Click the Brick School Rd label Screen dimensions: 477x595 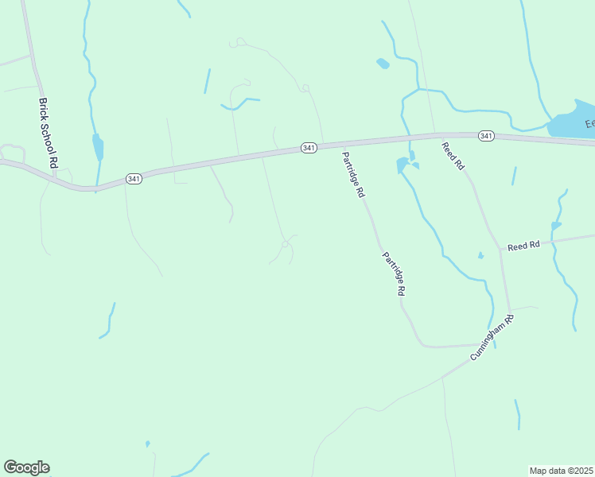click(49, 132)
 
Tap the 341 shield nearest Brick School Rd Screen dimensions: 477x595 click(134, 179)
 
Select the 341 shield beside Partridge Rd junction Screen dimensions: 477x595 click(309, 148)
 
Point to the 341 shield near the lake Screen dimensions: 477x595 click(486, 136)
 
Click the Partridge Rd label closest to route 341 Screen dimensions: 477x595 click(353, 174)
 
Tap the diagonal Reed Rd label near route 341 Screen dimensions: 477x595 click(453, 155)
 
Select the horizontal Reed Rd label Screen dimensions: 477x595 click(523, 246)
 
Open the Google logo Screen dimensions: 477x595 click(26, 467)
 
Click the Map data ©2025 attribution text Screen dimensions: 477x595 click(562, 471)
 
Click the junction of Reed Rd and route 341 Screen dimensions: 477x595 click(436, 134)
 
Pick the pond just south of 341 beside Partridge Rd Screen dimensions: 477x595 click(403, 165)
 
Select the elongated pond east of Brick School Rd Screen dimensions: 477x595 click(98, 147)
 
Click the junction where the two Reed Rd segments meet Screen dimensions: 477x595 click(501, 250)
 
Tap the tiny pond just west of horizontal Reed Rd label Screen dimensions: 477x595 click(480, 255)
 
